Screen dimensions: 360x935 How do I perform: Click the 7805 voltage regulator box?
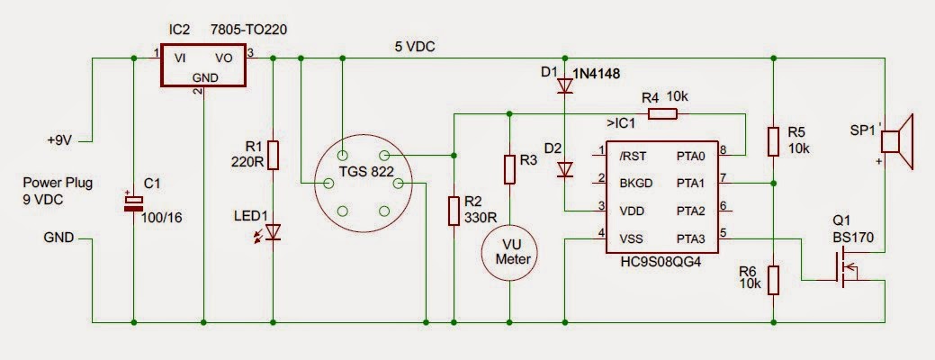204,67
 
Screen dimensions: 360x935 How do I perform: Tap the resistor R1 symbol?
273,156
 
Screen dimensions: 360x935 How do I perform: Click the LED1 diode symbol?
273,232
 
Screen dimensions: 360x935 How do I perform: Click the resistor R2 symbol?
453,211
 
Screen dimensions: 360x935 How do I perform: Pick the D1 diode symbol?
565,86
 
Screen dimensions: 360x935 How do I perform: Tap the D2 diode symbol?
565,169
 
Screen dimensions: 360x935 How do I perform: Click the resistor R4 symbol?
663,113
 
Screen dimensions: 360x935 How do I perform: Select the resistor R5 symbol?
773,141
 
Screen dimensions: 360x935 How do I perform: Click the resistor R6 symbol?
773,281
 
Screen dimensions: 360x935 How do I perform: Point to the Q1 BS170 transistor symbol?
847,269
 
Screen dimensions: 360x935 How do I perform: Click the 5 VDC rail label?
415,47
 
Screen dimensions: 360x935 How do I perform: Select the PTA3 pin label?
692,238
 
